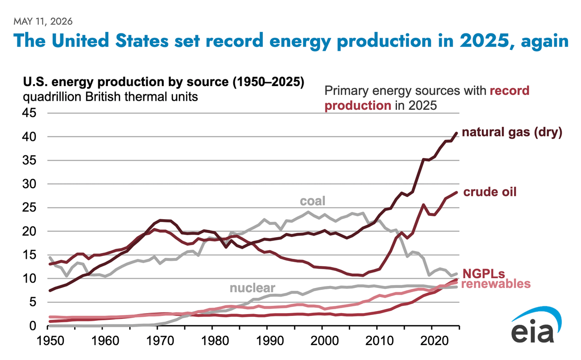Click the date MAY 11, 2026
click(43, 21)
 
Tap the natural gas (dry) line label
click(512, 132)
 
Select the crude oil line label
click(489, 192)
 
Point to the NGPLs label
click(484, 274)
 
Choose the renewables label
click(496, 284)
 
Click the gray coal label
click(313, 201)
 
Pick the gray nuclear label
click(252, 288)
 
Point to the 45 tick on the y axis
click(30, 113)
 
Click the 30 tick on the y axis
click(30, 184)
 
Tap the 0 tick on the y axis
click(33, 326)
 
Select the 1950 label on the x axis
click(50, 341)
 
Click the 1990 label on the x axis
click(270, 341)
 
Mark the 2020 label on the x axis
click(434, 341)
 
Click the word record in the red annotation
click(509, 91)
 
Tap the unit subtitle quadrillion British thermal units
click(110, 97)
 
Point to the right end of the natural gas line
click(457, 133)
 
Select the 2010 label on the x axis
click(380, 341)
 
